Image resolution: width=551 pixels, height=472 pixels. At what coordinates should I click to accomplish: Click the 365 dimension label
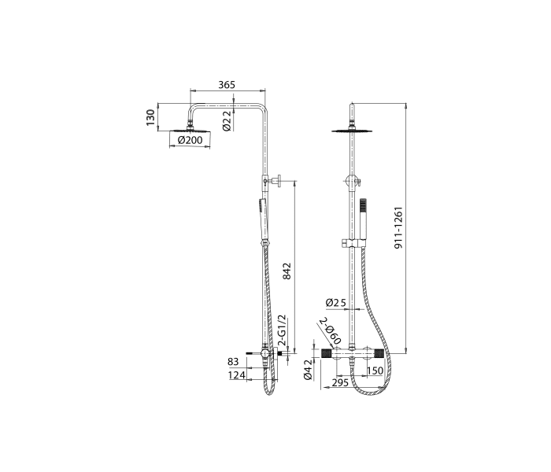(227, 85)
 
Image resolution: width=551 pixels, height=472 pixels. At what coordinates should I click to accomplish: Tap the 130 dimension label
(150, 118)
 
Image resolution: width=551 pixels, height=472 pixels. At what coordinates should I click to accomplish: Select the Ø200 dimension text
(190, 140)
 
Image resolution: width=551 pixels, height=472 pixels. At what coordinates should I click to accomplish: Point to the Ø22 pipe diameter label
(227, 120)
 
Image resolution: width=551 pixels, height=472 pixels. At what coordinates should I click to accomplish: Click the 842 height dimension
(287, 271)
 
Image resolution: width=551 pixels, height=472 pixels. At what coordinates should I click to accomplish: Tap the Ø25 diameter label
(336, 302)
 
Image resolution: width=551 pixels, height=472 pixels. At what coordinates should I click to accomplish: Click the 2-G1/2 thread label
(282, 330)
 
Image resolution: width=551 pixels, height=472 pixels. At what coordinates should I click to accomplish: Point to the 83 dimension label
(233, 361)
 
